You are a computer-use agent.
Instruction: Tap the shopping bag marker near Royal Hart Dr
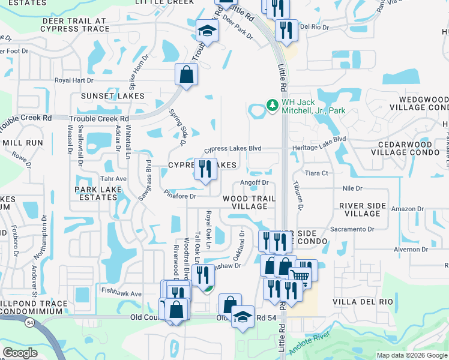pyautogui.click(x=186, y=75)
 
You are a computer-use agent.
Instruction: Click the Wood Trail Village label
pyautogui.click(x=249, y=202)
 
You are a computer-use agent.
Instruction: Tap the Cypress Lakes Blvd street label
pyautogui.click(x=232, y=148)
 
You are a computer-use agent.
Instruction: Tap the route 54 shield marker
pyautogui.click(x=29, y=322)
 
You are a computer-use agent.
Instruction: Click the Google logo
pyautogui.click(x=20, y=353)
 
